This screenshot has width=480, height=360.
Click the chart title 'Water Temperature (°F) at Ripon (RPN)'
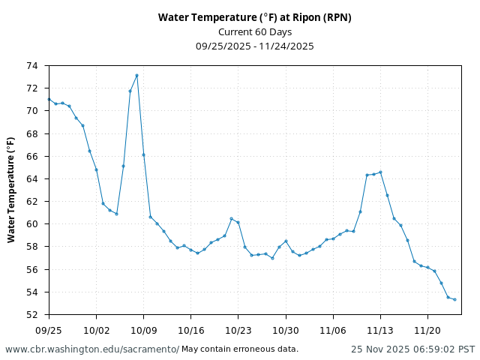tap(254, 17)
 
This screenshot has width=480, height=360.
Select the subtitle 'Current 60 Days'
tap(254, 31)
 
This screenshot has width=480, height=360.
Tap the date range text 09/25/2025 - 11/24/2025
tap(254, 46)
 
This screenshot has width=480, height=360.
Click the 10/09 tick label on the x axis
tap(143, 330)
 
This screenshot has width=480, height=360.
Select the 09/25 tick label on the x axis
tap(49, 330)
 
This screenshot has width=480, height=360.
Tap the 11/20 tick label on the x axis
tap(427, 330)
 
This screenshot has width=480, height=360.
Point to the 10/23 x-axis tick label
tap(238, 330)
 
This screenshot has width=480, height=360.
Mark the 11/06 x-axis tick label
tap(333, 330)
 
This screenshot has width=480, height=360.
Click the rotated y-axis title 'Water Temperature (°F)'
tap(11, 190)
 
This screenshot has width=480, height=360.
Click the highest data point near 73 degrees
tap(136, 75)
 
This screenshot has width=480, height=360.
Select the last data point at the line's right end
tap(454, 299)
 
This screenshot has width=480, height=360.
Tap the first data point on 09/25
tap(49, 99)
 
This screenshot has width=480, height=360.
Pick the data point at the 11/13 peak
tap(380, 172)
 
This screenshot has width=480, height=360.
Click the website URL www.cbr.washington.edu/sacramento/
tap(92, 349)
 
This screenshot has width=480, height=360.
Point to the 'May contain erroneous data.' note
tap(240, 349)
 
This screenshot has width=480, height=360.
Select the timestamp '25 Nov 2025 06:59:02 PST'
tap(412, 349)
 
